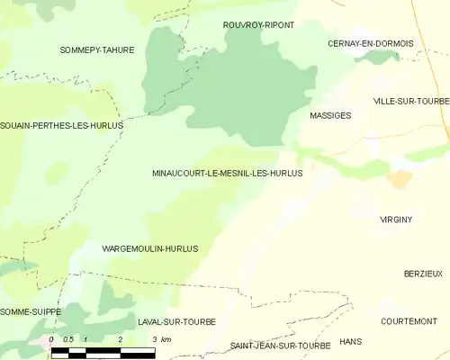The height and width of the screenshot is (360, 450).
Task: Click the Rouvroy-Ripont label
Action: tap(258, 25)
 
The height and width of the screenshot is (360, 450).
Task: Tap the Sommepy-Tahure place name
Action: tap(96, 49)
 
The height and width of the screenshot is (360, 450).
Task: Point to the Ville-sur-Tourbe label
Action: tap(411, 101)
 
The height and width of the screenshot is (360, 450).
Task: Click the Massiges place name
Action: tap(330, 116)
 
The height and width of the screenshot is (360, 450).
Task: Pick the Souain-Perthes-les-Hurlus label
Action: tap(61, 125)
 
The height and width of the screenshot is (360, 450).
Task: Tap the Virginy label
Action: tap(396, 219)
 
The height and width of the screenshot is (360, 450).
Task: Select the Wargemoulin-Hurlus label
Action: tap(149, 247)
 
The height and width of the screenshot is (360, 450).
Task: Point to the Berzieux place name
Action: tap(423, 273)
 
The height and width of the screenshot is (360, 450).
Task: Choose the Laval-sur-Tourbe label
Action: tap(177, 321)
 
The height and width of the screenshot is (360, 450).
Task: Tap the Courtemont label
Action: tap(409, 321)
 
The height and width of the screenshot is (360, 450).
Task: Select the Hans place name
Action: tap(350, 342)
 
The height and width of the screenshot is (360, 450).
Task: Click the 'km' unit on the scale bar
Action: tap(166, 339)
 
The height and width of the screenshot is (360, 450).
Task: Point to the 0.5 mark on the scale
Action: tap(67, 339)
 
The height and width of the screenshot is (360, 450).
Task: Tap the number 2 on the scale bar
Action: tap(120, 339)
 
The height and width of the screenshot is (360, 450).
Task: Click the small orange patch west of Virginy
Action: tap(397, 179)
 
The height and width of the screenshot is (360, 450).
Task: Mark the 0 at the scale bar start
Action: tap(52, 339)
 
